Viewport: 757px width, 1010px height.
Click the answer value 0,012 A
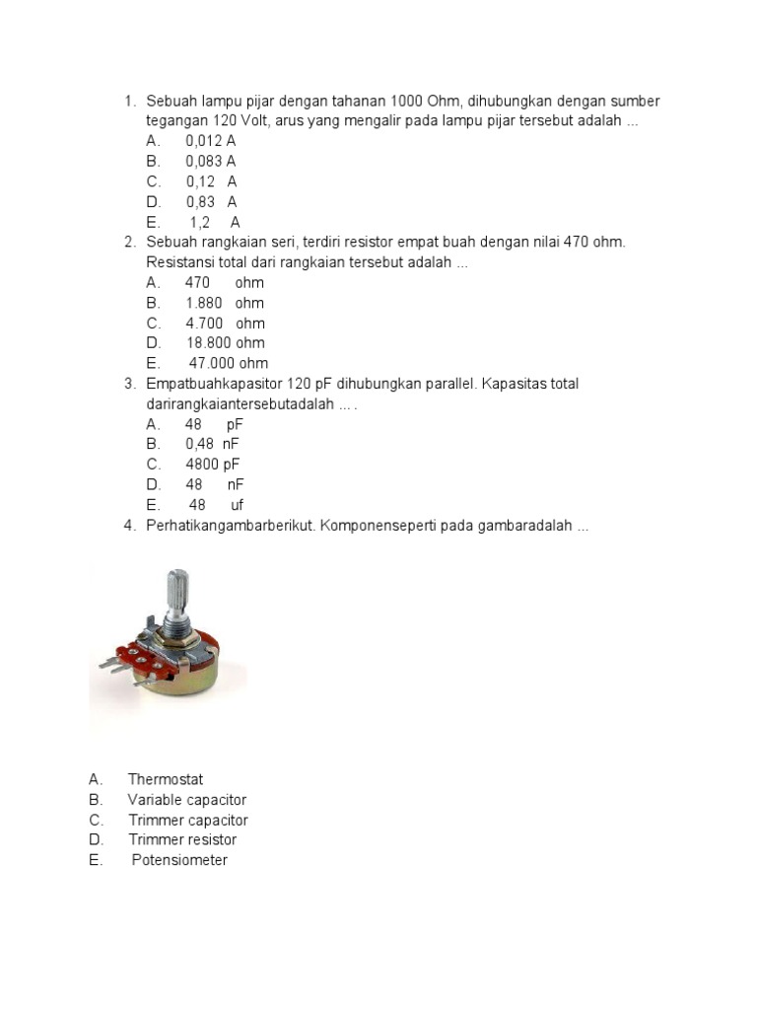tap(210, 141)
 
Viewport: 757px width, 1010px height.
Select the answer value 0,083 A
tap(210, 161)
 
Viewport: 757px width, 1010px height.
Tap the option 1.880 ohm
tap(224, 303)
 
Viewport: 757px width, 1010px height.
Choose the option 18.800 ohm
tap(225, 343)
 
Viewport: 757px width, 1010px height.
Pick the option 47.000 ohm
tap(228, 363)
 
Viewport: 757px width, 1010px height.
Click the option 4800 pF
tap(212, 465)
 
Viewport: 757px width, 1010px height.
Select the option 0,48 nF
tap(212, 444)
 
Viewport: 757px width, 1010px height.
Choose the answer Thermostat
tap(165, 779)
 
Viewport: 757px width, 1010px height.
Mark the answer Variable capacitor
tap(186, 800)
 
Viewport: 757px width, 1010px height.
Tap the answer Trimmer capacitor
tap(187, 820)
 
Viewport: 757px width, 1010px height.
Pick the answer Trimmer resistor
tap(182, 840)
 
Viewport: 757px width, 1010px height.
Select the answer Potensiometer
tap(179, 860)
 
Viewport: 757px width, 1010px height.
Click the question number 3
tap(129, 384)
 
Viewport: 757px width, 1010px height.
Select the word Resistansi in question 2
tap(182, 262)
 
